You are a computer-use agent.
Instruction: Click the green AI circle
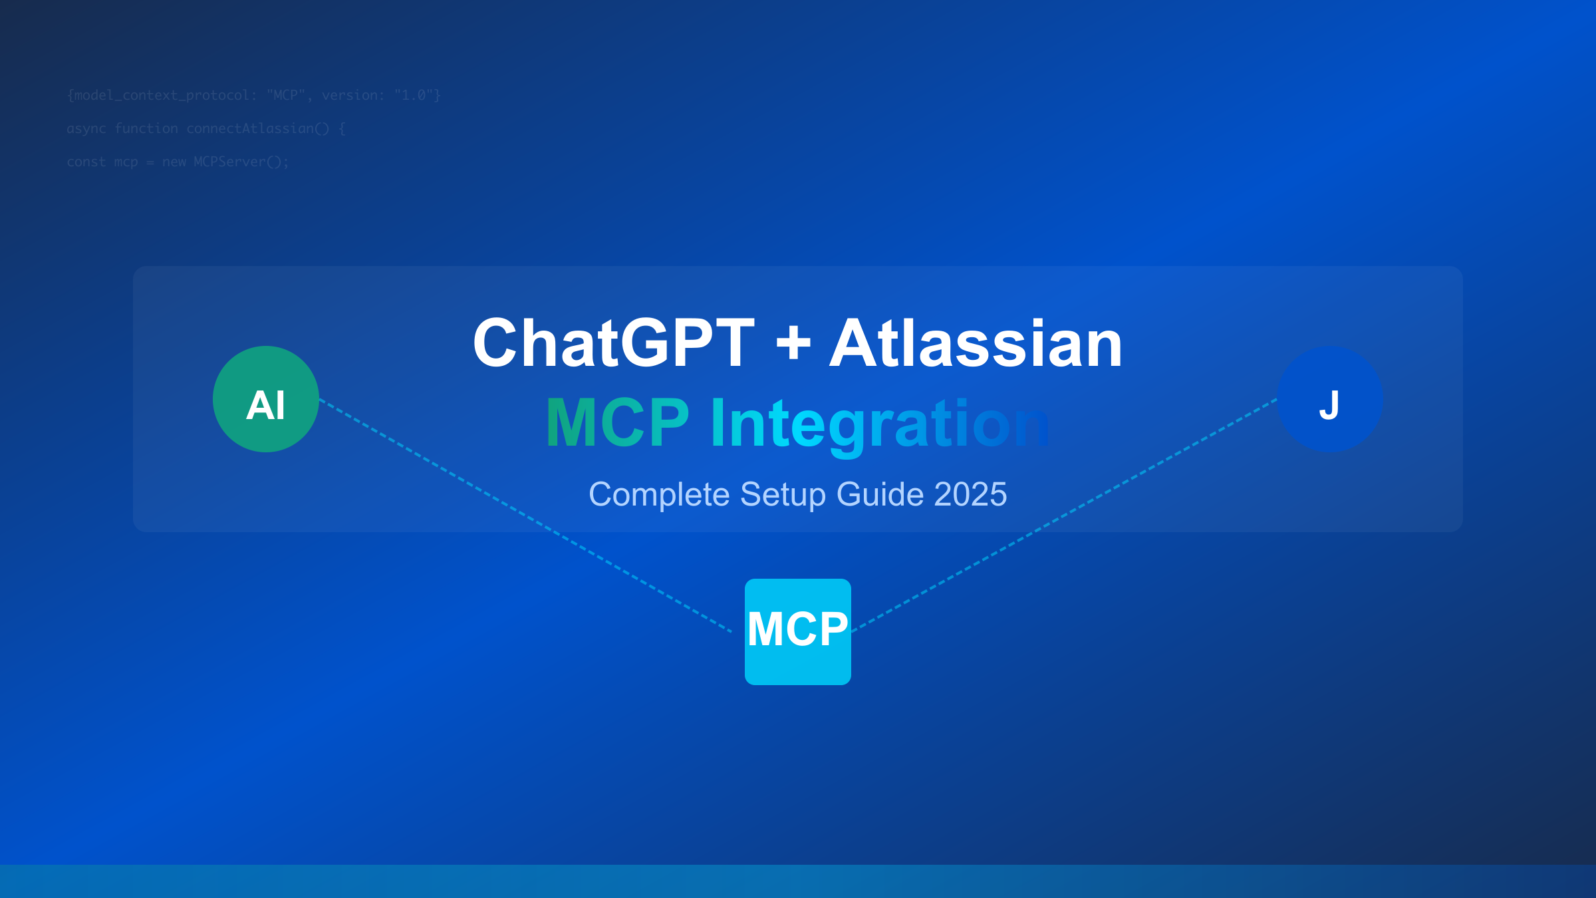266,399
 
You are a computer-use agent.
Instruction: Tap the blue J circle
1330,399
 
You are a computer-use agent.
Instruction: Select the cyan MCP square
798,631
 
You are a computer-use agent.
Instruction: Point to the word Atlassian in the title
976,343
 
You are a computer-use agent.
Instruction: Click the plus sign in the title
793,345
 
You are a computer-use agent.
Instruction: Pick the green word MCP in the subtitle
617,423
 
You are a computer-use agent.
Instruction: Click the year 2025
970,495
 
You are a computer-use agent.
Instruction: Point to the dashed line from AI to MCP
525,516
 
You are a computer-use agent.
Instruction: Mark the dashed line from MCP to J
1064,516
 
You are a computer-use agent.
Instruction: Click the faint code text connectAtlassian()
257,128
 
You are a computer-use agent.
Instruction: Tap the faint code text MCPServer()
241,162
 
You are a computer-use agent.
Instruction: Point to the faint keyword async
86,128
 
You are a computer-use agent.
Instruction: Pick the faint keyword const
86,162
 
